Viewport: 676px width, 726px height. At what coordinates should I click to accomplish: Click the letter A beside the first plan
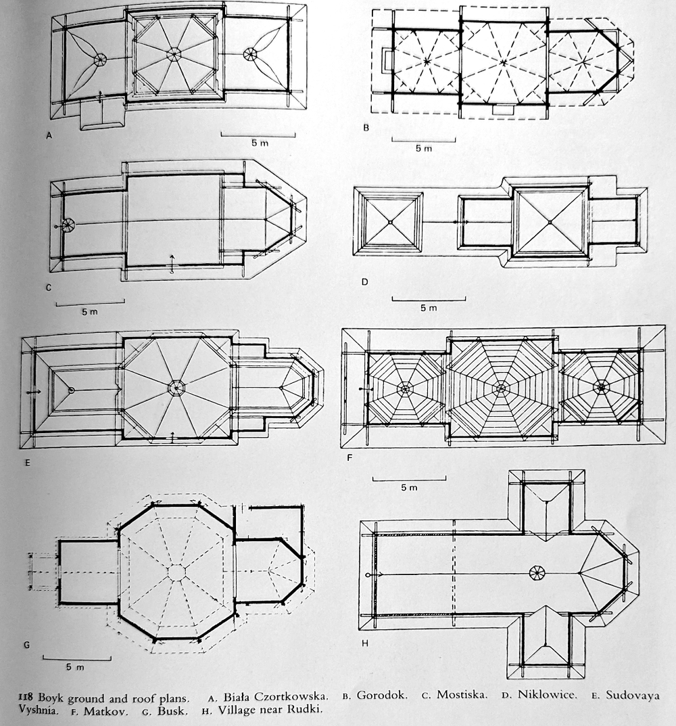pyautogui.click(x=49, y=135)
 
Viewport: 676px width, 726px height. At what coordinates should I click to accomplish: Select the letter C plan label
pyautogui.click(x=49, y=288)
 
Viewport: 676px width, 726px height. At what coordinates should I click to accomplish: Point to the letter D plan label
pyautogui.click(x=364, y=281)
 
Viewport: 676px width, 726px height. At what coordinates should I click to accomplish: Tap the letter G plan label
pyautogui.click(x=26, y=644)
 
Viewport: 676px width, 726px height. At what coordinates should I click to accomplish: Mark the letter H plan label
pyautogui.click(x=364, y=643)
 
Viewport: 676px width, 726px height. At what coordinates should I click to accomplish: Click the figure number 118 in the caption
pyautogui.click(x=28, y=696)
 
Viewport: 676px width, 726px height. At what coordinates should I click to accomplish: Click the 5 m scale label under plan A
pyautogui.click(x=258, y=143)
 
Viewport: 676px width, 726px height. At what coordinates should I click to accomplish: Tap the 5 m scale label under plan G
pyautogui.click(x=75, y=667)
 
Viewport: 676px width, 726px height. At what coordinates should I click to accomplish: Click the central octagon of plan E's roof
pyautogui.click(x=176, y=388)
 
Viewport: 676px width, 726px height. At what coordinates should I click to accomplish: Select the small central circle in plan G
pyautogui.click(x=176, y=572)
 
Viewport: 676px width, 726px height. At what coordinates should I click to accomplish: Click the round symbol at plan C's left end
pyautogui.click(x=68, y=227)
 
